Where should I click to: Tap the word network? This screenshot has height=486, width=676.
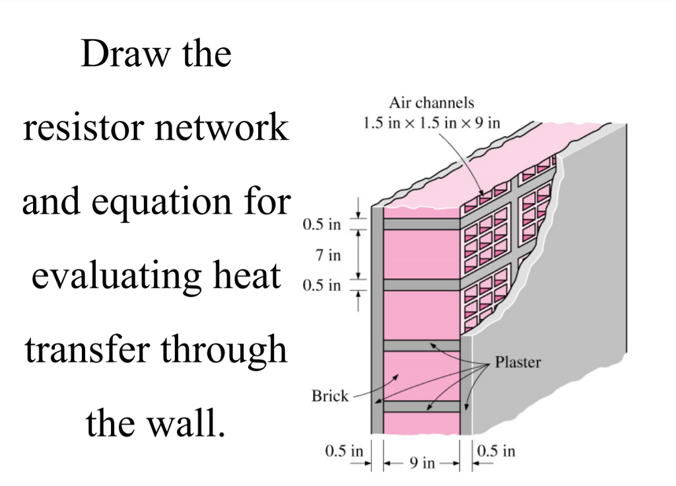[x=222, y=127]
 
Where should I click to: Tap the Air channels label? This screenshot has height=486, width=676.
[x=431, y=103]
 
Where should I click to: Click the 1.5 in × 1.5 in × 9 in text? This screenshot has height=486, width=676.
[x=431, y=123]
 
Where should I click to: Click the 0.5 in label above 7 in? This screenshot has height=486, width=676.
[x=321, y=225]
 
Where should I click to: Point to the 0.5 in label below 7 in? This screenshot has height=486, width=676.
[x=321, y=286]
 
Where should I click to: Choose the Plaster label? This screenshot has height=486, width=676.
[x=518, y=362]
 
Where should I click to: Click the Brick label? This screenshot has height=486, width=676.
[x=329, y=396]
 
